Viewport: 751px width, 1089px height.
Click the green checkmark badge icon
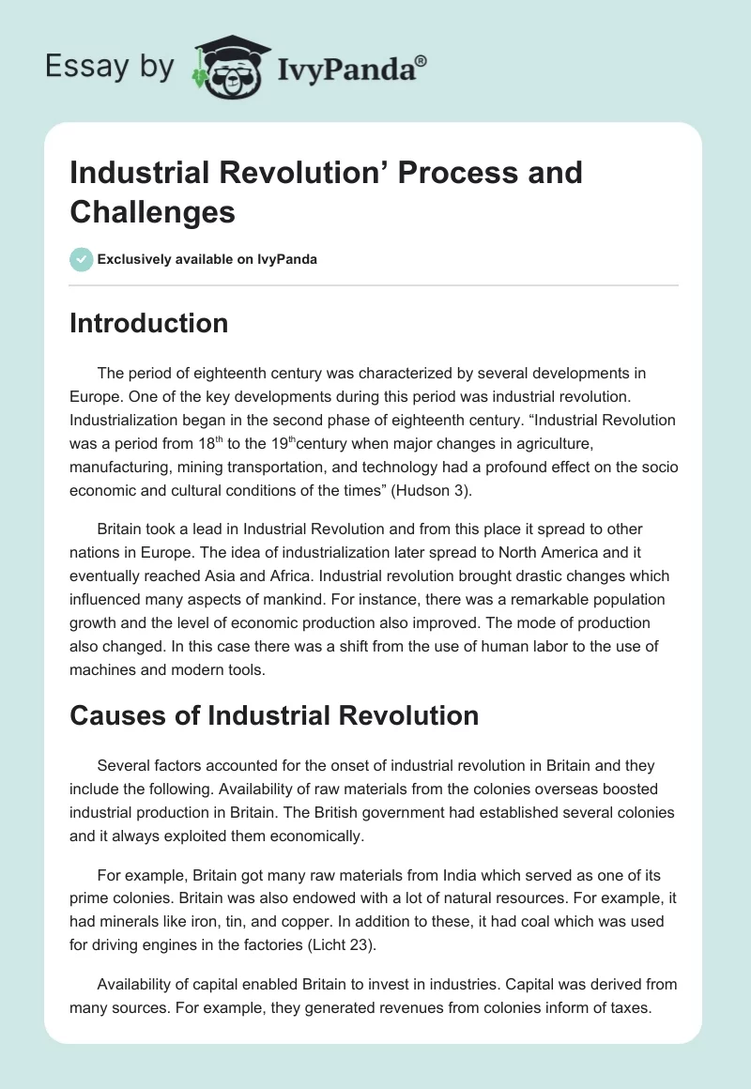pyautogui.click(x=81, y=259)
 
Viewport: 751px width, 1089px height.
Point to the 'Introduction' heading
pyautogui.click(x=149, y=323)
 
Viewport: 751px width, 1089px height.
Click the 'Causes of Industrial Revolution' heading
pyautogui.click(x=274, y=715)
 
